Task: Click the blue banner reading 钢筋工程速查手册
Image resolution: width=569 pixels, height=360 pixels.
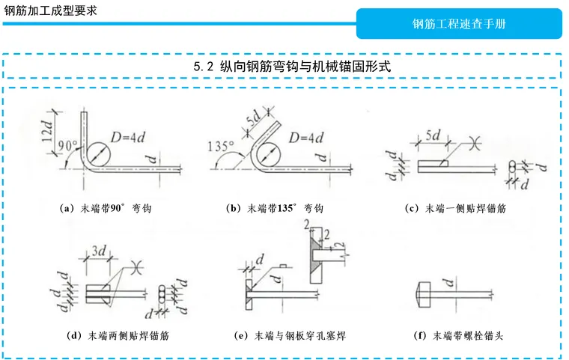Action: coord(459,24)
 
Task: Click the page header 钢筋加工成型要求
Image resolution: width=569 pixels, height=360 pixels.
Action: coord(50,10)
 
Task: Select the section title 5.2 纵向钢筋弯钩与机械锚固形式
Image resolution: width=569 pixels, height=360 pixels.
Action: coord(292,67)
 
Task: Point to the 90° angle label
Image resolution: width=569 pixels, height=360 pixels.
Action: coord(68,146)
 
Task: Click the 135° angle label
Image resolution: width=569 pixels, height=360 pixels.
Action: coord(221,147)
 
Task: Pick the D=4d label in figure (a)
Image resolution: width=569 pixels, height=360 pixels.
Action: coord(128,137)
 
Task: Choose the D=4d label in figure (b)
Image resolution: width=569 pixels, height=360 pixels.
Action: coord(306,138)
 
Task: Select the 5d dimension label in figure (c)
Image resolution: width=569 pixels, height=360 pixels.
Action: coord(433,135)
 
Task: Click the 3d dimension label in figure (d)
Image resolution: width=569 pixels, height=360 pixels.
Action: coord(99,251)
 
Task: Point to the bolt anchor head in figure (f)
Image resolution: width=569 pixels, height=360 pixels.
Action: coord(425,295)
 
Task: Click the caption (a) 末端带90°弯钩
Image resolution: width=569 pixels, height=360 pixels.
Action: coord(106,208)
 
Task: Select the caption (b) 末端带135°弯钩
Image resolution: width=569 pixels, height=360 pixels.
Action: coord(275,208)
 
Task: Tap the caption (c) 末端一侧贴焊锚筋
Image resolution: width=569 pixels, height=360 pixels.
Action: coord(455,208)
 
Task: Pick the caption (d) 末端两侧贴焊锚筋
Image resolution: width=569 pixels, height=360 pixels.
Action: coord(118,336)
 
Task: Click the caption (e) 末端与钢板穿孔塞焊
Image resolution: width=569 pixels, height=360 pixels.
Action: coord(290,336)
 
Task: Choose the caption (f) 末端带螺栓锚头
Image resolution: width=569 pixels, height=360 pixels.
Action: coord(458,336)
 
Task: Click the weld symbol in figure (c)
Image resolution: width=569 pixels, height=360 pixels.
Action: coord(475,143)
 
